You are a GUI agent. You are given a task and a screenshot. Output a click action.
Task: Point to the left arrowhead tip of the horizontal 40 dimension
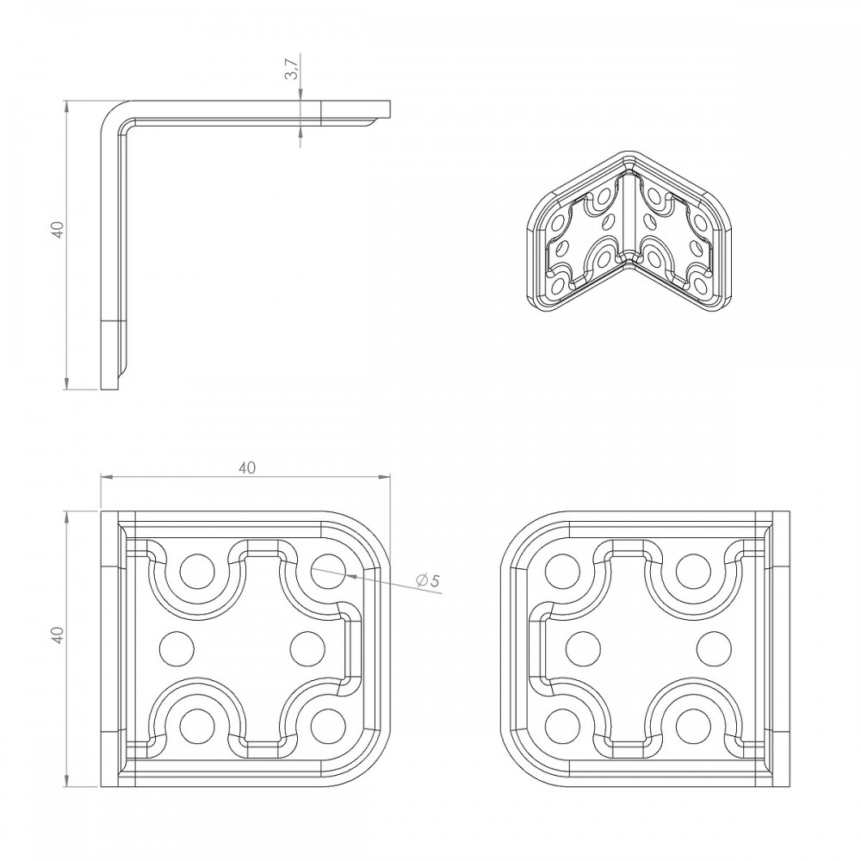point(101,477)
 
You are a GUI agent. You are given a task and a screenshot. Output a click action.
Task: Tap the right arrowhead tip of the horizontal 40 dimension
point(390,477)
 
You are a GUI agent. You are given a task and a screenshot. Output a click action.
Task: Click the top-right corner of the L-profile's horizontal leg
point(390,101)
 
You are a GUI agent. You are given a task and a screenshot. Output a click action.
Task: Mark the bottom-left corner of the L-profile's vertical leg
point(101,390)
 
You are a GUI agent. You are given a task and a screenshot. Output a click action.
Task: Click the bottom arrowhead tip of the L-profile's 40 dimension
point(67,390)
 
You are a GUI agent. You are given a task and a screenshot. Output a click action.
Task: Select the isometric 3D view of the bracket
point(629,232)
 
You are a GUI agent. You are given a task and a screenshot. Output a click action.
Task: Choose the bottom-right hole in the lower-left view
point(328,726)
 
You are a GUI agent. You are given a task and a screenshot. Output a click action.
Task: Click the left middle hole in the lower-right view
point(583,648)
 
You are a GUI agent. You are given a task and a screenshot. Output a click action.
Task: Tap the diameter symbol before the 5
point(422,579)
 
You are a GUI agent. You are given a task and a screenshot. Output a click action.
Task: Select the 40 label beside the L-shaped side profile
point(59,230)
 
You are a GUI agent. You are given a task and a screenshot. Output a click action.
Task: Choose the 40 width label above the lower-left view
point(247,468)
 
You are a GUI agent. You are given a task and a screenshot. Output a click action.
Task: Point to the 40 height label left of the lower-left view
point(59,635)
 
